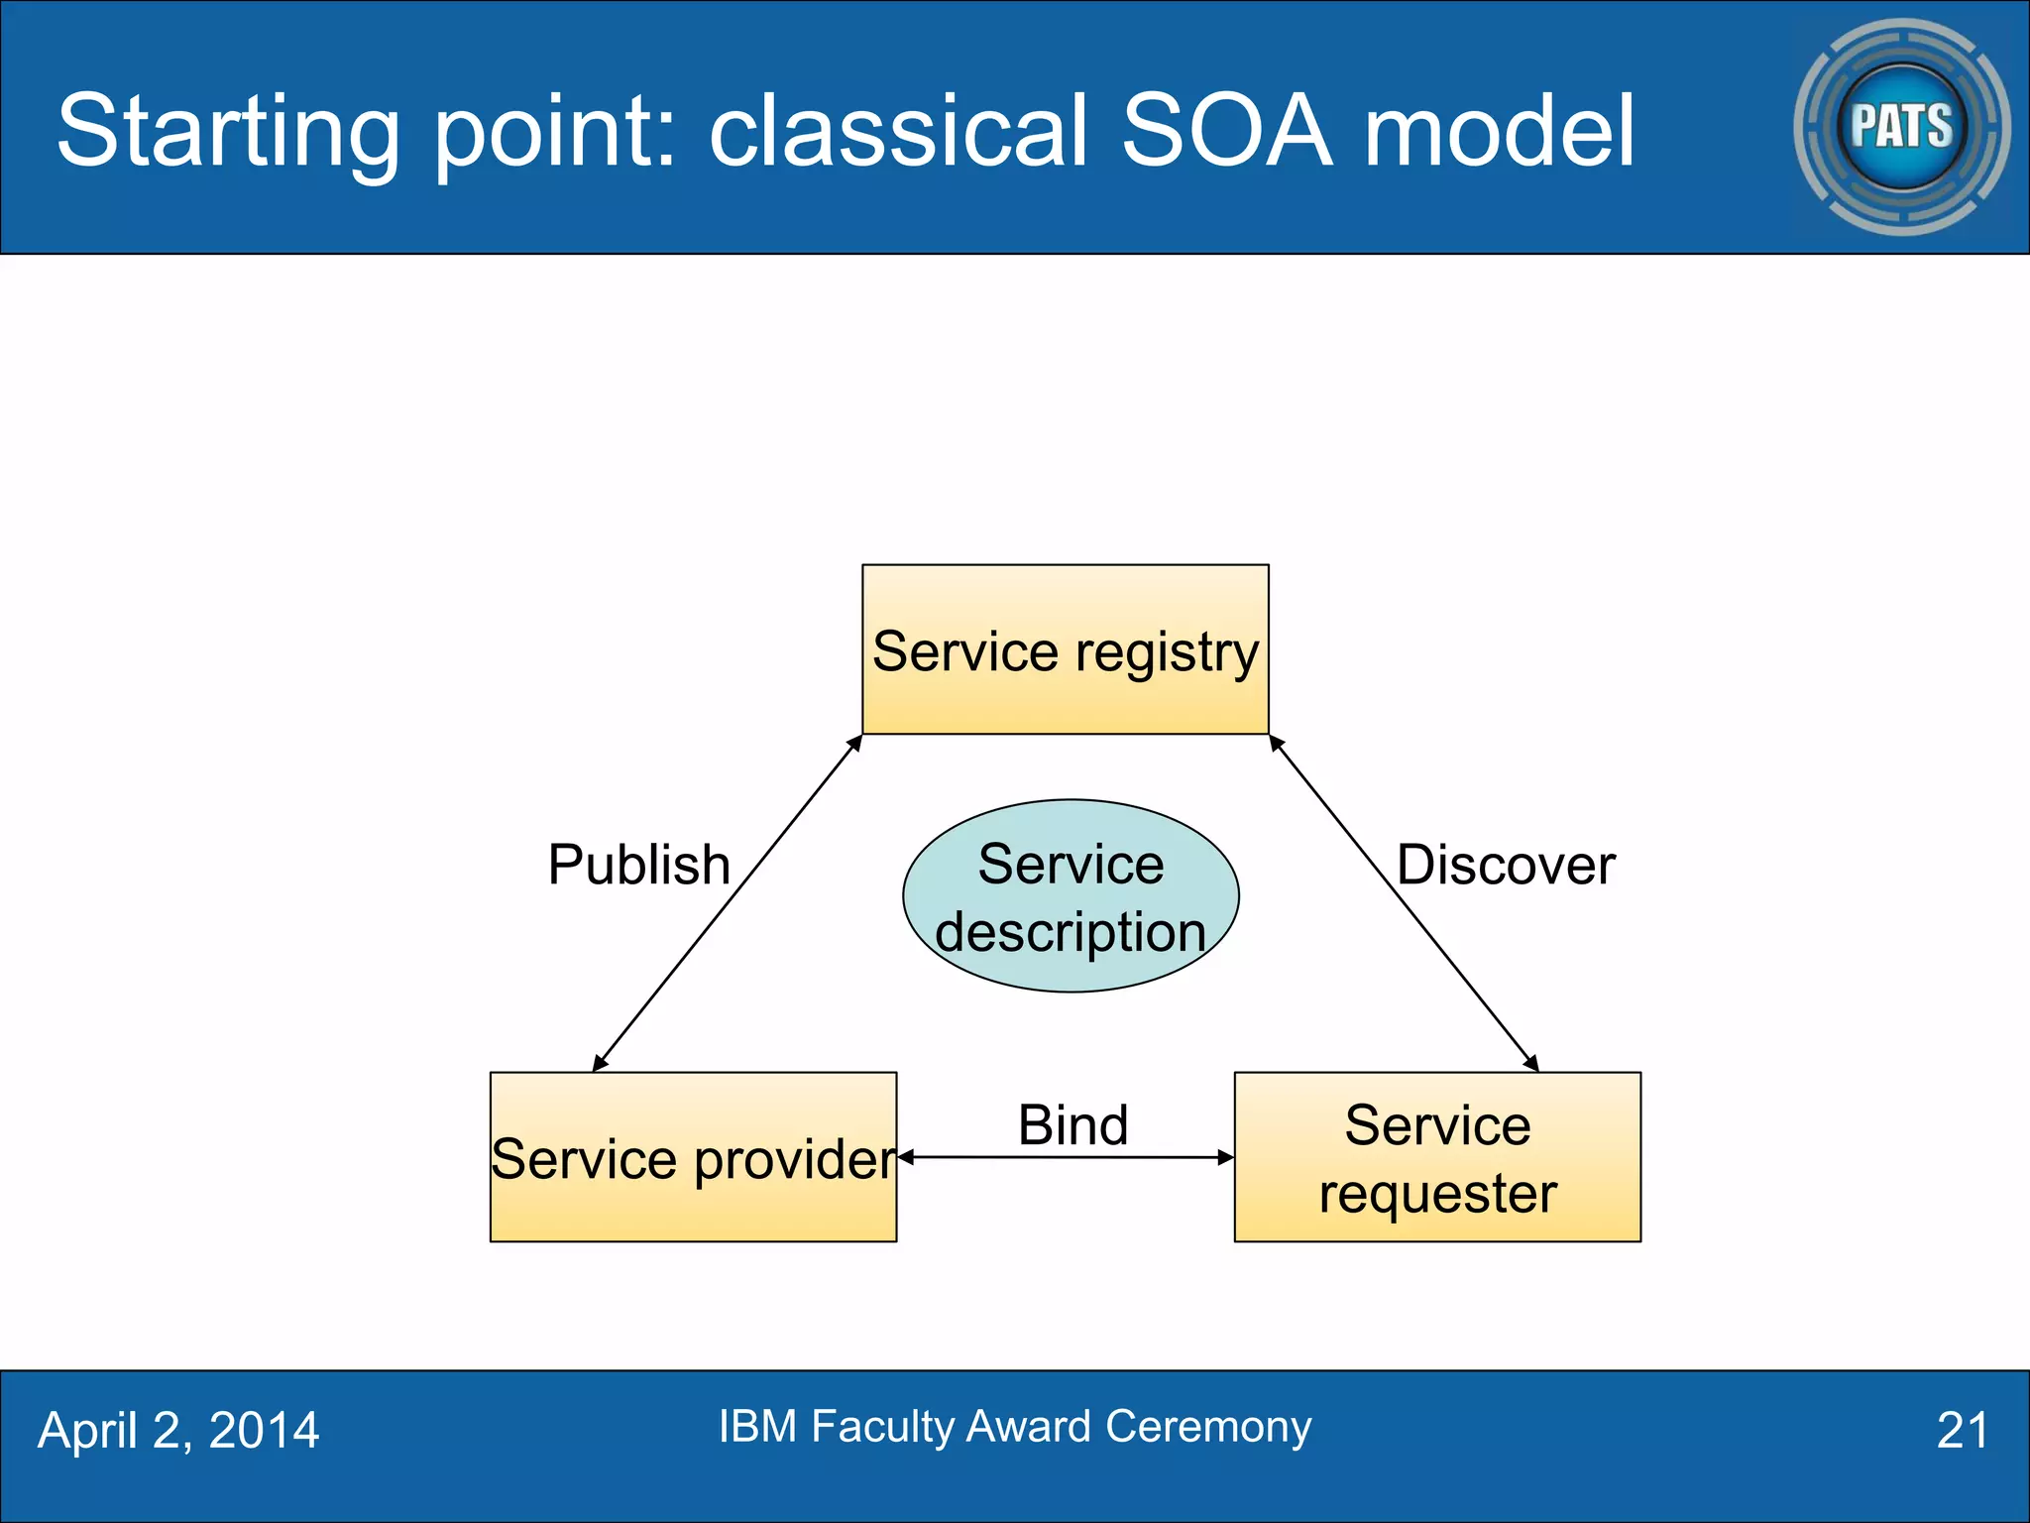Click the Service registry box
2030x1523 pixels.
[1065, 649]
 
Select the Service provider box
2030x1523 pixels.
[693, 1157]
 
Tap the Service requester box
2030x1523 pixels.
[1437, 1157]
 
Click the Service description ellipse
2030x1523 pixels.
[1071, 895]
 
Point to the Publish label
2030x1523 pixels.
[639, 865]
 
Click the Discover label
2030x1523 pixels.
[1506, 865]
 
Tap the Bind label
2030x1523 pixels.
[1072, 1125]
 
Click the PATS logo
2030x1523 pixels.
[1901, 127]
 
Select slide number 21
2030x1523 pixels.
[1962, 1430]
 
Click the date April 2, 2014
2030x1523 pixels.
[178, 1430]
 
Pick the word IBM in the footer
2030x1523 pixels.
[757, 1426]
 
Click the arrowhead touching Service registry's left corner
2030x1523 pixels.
[854, 743]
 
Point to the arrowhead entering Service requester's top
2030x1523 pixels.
[1531, 1064]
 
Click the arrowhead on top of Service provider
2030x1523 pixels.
[599, 1064]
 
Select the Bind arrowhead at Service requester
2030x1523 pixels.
[1226, 1157]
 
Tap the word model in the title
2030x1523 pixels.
[1500, 130]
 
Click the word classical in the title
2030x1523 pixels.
[899, 130]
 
